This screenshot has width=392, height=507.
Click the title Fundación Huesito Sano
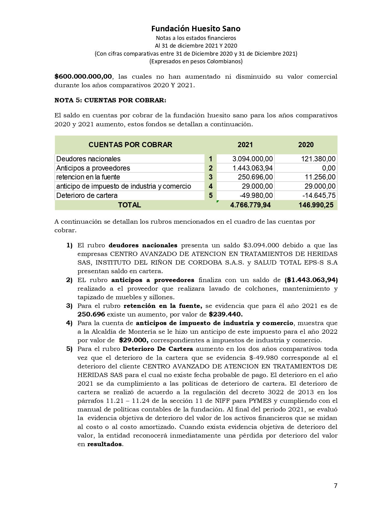196,29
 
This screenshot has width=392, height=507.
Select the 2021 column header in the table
245,145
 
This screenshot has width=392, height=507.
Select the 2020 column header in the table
306,145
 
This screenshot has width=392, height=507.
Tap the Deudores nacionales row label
89,159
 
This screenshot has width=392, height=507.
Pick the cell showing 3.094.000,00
252,159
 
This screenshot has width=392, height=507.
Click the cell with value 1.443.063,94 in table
252,168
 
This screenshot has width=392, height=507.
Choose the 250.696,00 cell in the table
255,177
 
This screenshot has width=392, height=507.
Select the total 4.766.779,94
250,205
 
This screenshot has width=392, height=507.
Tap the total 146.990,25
316,205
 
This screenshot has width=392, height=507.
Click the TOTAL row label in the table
129,205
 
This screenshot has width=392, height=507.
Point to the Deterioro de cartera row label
87,195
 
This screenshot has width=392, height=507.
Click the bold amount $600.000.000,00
83,77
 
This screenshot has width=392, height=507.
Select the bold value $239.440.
226,314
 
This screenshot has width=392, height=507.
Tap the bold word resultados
105,444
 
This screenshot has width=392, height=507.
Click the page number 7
335,486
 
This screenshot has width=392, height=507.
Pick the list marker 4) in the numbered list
69,323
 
